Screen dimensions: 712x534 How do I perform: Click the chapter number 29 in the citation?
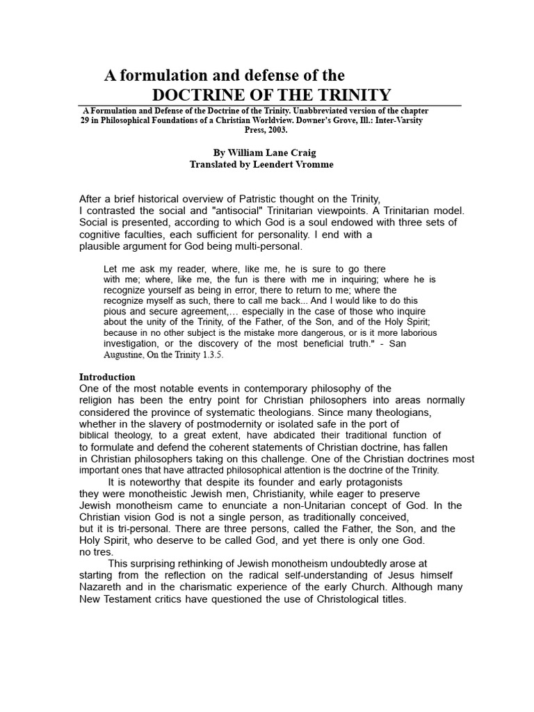[x=86, y=120]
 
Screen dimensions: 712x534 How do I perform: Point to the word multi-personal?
[x=270, y=246]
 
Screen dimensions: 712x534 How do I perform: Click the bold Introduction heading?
[x=107, y=377]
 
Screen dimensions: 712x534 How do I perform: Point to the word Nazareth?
[x=104, y=587]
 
